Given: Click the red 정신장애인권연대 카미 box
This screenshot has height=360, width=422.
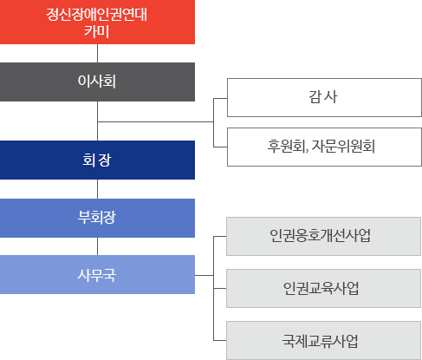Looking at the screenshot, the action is click(97, 22).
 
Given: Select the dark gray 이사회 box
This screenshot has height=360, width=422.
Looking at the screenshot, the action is click(97, 82).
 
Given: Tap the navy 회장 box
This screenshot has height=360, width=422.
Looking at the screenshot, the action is click(97, 160).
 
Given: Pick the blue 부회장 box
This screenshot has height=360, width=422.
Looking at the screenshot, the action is click(97, 218).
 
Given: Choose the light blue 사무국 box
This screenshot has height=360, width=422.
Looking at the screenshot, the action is click(97, 274).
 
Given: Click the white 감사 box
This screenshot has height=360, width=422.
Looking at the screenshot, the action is click(324, 97).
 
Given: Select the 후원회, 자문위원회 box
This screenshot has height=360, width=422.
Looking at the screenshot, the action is click(324, 147).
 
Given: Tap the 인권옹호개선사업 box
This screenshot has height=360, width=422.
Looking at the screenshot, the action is click(323, 236).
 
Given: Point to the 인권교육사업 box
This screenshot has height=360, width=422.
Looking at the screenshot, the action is click(323, 288).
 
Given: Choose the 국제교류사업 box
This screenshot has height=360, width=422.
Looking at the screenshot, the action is click(323, 340).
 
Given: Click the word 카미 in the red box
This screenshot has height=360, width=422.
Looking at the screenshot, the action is click(97, 31).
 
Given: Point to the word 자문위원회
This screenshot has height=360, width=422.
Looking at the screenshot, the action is click(343, 147).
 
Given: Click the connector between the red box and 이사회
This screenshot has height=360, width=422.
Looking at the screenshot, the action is click(97, 54).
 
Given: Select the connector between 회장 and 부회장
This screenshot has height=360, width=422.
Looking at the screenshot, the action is click(97, 189).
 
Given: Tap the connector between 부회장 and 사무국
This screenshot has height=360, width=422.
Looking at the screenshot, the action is click(97, 246).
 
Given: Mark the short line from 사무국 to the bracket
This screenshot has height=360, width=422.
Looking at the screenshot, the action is click(205, 275).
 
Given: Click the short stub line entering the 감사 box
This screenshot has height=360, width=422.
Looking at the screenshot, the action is click(220, 98).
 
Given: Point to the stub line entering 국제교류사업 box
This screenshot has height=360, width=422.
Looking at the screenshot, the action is click(220, 340).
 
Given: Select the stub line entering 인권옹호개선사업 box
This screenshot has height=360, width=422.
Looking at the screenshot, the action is click(220, 236).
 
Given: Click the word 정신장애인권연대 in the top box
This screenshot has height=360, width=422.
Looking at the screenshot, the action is click(97, 14).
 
